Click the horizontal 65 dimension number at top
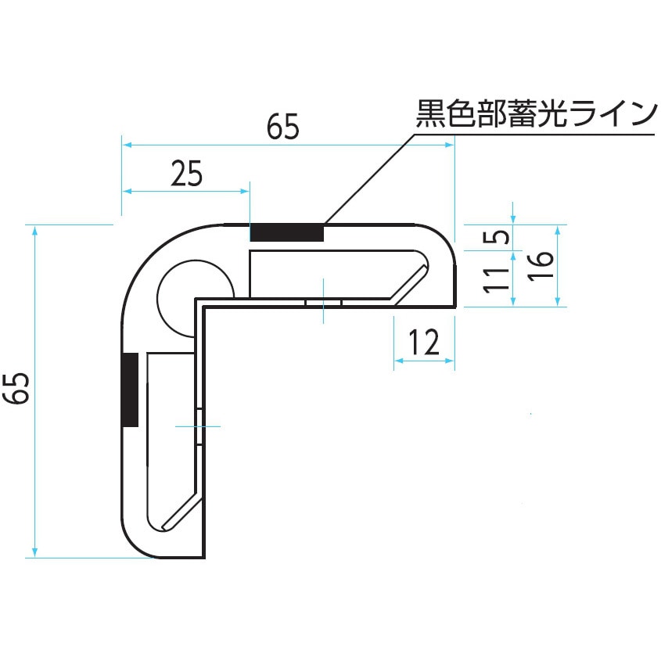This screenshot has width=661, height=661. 283,127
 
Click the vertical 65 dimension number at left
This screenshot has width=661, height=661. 17,388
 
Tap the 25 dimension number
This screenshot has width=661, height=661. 186,174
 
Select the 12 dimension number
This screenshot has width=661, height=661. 424,343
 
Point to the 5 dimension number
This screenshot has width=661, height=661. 496,237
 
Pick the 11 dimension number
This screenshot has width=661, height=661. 496,279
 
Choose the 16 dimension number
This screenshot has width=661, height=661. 541,266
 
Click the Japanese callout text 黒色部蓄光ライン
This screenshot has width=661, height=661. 536,113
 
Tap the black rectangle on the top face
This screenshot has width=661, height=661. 287,232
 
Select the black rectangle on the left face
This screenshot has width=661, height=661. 130,390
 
